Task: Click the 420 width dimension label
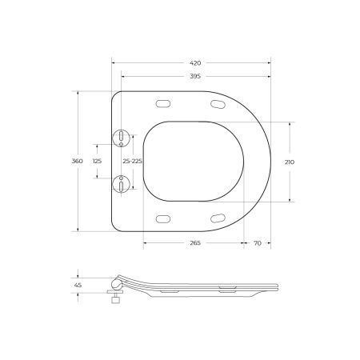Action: point(195,63)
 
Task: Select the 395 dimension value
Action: point(195,76)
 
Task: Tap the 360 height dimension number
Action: point(78,161)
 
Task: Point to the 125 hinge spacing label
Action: point(98,161)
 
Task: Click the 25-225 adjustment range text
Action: point(133,161)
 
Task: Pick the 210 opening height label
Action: point(290,162)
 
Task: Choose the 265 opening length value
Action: point(195,243)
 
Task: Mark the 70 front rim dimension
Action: point(258,243)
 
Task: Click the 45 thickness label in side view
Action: point(78,285)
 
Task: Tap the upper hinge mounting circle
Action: point(121,138)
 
